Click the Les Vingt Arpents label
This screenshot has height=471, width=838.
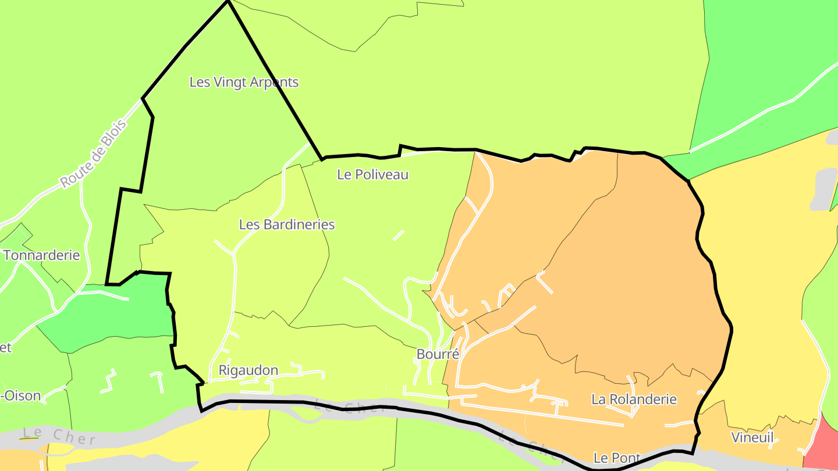click(244, 82)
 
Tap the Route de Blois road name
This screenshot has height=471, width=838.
click(93, 155)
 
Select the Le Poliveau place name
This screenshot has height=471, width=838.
click(373, 174)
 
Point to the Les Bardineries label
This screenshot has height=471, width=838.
click(287, 224)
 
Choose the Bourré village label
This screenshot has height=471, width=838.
click(438, 354)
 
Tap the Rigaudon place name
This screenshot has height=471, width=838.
click(248, 370)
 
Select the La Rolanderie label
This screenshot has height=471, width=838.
click(634, 399)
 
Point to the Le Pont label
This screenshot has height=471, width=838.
click(617, 458)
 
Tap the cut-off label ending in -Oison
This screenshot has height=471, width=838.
click(21, 397)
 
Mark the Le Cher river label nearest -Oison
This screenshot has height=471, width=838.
click(58, 435)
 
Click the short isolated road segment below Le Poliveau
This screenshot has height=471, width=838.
click(399, 235)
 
